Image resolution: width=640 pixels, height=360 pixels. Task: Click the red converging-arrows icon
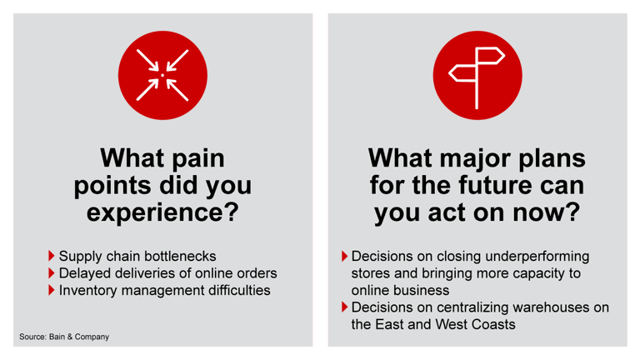pyautogui.click(x=162, y=75)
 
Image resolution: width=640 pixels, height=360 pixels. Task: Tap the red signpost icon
pyautogui.click(x=477, y=75)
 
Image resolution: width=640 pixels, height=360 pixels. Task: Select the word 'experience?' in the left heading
pyautogui.click(x=163, y=212)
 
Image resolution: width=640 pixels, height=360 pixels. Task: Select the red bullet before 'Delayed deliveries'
pyautogui.click(x=52, y=272)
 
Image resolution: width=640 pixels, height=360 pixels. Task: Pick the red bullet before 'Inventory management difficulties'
pyautogui.click(x=52, y=290)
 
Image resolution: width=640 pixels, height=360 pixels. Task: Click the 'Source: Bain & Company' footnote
pyautogui.click(x=65, y=337)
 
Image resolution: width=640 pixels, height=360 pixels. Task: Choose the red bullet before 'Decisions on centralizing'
pyautogui.click(x=346, y=307)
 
